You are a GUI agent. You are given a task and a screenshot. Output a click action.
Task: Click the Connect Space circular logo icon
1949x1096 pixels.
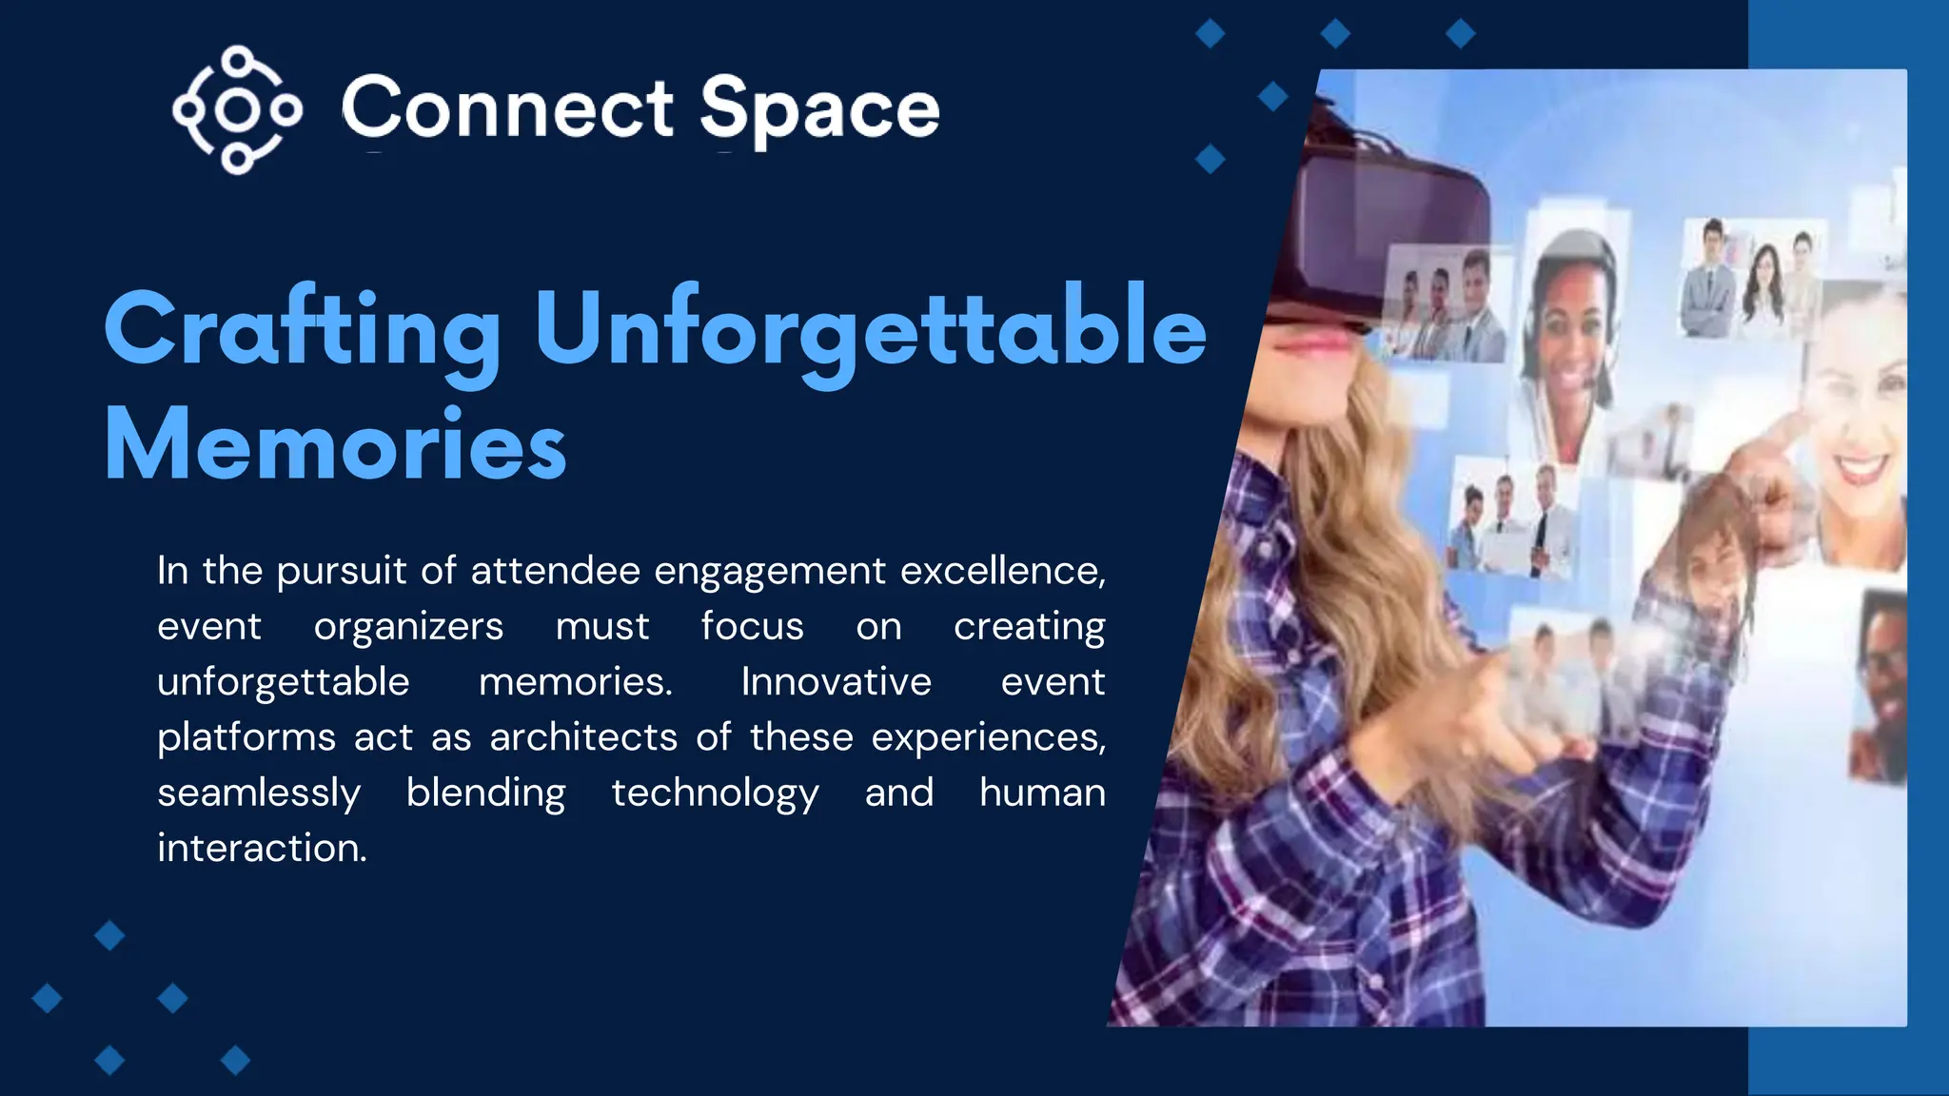click(237, 109)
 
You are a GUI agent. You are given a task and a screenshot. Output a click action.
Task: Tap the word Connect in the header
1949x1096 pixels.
click(507, 108)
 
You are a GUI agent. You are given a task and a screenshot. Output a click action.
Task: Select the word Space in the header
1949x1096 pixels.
click(819, 110)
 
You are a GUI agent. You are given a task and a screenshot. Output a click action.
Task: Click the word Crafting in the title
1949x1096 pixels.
click(303, 329)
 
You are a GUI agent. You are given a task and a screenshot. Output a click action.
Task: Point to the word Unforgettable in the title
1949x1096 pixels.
click(870, 329)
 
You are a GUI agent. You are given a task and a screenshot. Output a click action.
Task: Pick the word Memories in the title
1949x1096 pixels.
click(335, 445)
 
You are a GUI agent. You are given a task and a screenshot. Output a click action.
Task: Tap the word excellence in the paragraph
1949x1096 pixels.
click(1002, 571)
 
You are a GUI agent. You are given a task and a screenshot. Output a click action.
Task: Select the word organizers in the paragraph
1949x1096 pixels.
click(408, 627)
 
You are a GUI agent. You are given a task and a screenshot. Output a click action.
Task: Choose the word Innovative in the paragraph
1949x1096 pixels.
click(837, 682)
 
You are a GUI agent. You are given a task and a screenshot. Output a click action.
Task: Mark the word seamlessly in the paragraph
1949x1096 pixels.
click(259, 793)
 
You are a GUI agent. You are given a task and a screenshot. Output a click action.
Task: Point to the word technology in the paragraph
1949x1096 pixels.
click(715, 793)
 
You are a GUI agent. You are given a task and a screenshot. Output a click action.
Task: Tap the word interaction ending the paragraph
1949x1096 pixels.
click(261, 849)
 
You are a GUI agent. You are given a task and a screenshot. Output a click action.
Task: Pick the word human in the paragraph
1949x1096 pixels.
click(1042, 793)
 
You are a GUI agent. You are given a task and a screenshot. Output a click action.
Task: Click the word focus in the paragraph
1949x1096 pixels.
click(752, 627)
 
